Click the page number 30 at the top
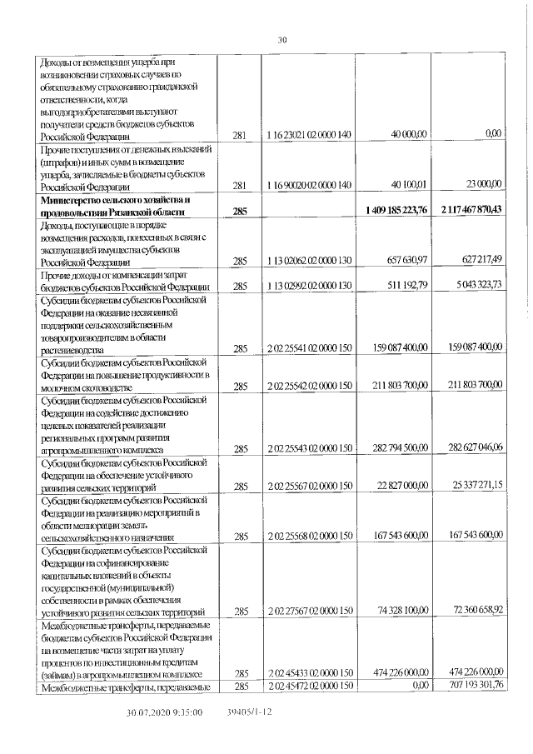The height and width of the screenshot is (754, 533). (281, 39)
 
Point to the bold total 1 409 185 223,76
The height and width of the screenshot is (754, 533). (396, 212)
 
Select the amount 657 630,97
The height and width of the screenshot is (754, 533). (403, 261)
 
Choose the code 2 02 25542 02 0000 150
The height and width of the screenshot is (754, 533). (311, 386)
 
